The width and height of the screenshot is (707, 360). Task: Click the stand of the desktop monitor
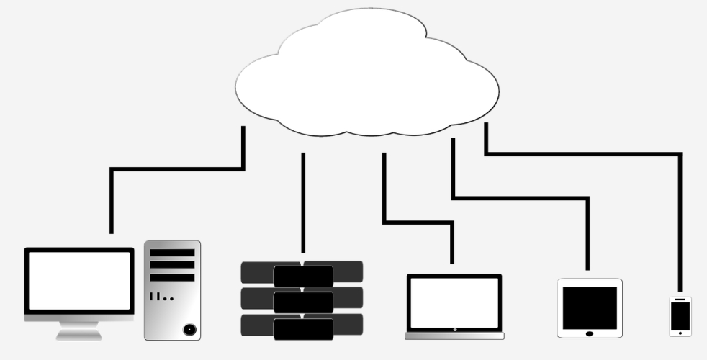click(79, 329)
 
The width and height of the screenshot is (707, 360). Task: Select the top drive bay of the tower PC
click(172, 253)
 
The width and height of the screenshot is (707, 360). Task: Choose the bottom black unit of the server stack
click(303, 328)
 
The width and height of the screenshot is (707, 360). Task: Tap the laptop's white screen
click(454, 302)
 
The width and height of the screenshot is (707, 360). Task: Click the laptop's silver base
click(454, 335)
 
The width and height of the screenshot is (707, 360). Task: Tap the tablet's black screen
click(590, 307)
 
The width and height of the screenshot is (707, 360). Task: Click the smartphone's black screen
click(680, 315)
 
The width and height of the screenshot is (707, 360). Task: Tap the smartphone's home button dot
click(680, 332)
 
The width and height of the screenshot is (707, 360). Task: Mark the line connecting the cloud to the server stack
click(303, 202)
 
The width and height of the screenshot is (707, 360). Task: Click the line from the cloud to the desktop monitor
click(176, 169)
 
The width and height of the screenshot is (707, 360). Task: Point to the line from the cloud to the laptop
click(418, 222)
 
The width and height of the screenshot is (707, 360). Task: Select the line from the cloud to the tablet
click(518, 197)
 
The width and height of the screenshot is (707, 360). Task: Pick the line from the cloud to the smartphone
click(583, 153)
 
